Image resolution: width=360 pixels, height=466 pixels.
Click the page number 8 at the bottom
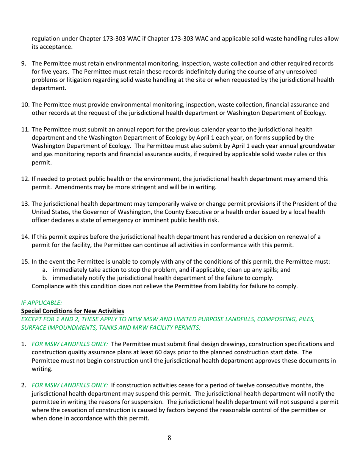[x=169, y=438]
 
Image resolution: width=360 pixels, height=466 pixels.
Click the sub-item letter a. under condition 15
[x=45, y=270]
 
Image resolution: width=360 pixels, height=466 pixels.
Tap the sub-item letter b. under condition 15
[x=45, y=278]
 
